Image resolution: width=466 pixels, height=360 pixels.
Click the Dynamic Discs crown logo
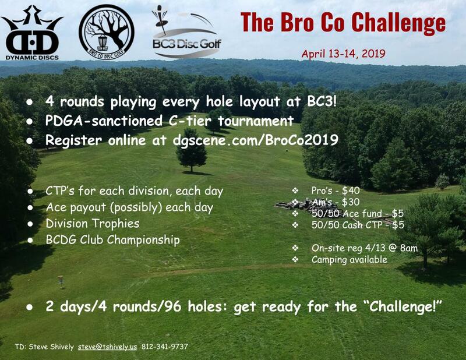32,33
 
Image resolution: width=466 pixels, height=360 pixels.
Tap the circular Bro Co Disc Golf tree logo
107,32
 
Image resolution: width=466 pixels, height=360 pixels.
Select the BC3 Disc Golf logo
186,32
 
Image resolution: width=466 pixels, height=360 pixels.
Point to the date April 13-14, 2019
343,54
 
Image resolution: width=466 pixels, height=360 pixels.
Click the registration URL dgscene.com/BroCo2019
256,140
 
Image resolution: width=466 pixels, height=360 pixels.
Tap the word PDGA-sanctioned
104,121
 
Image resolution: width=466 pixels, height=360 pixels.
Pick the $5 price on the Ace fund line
398,213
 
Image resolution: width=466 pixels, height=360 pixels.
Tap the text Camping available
349,260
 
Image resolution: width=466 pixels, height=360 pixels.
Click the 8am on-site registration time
409,248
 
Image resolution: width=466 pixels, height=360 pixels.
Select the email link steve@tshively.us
107,347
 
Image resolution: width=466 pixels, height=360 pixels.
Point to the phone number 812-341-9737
165,347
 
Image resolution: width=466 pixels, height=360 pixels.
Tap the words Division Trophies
93,224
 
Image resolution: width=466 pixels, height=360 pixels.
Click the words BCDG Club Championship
112,239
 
